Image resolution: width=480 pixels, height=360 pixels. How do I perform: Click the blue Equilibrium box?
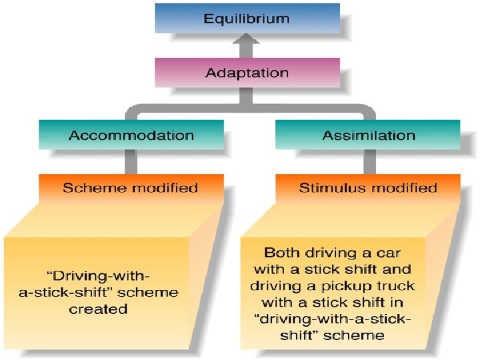(247, 18)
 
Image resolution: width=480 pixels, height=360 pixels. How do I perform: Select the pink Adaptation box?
(247, 72)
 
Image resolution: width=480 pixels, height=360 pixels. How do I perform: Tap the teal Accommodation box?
(131, 135)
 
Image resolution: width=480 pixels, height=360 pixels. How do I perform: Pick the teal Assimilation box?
(369, 135)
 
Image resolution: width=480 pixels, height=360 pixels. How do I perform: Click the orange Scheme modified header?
(131, 187)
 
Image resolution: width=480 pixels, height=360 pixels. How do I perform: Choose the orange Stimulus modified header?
(368, 187)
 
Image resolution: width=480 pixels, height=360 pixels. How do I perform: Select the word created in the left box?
(98, 309)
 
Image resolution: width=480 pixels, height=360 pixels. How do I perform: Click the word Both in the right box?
(281, 253)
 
